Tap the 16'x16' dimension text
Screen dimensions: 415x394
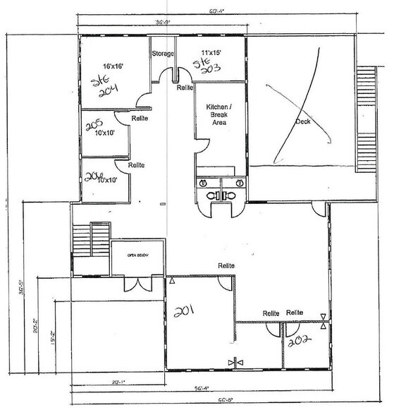pos(113,66)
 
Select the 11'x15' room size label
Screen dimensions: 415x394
pos(211,53)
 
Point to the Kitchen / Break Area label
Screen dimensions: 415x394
pos(218,114)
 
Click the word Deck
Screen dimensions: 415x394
pos(303,121)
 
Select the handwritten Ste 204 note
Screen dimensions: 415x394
pos(107,88)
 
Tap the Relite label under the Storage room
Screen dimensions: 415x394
pos(185,88)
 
